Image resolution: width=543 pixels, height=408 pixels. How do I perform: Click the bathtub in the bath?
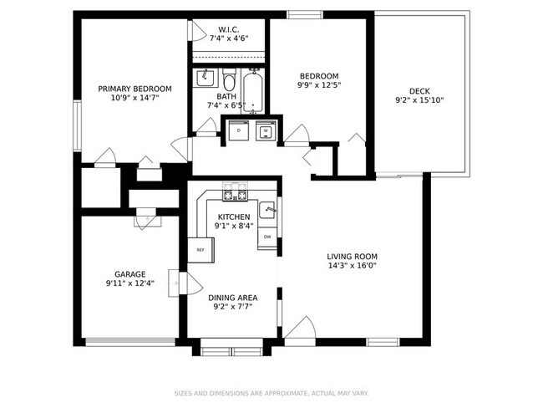tap(253, 92)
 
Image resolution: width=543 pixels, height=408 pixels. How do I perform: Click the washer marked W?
tap(266, 131)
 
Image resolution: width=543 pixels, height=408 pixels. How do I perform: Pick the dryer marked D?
tap(240, 131)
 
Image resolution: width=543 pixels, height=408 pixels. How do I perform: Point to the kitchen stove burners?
tap(235, 196)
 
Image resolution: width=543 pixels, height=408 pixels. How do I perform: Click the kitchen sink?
tap(267, 210)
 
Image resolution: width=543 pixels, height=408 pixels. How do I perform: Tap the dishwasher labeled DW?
tap(267, 237)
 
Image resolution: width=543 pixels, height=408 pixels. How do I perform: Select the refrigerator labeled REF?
tap(200, 249)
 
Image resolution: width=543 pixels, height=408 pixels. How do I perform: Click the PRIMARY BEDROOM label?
tap(134, 89)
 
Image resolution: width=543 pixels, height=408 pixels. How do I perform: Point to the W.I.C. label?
tap(229, 29)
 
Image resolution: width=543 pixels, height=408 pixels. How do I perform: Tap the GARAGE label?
tap(130, 273)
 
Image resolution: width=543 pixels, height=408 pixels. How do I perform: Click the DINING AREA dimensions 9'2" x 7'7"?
tap(233, 307)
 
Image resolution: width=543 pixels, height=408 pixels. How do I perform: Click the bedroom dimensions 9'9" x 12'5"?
tap(319, 85)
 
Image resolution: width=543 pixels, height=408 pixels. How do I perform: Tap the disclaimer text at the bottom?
tap(271, 393)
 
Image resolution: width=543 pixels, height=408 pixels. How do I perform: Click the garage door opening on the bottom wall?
tap(130, 340)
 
